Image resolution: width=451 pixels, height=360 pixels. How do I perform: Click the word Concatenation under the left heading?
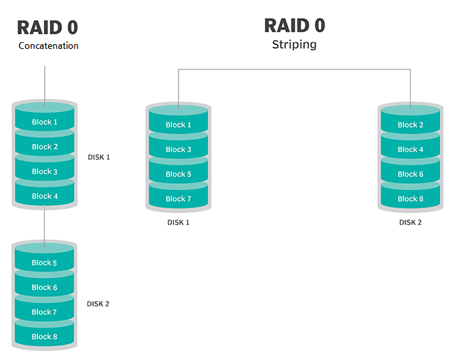point(48,46)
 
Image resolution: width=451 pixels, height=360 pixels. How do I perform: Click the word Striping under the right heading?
point(294,46)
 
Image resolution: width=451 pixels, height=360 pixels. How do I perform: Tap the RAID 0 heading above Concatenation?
point(48,27)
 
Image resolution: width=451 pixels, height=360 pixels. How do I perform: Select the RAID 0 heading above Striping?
point(294,26)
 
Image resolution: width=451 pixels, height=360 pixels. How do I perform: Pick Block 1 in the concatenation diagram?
point(45,122)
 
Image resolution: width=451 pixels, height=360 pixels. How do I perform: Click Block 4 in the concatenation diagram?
point(45,196)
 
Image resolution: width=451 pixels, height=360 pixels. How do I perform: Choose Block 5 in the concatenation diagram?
point(45,263)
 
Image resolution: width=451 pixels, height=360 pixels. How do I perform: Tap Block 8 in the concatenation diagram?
point(45,337)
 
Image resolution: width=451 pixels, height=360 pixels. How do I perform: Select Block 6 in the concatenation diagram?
point(45,287)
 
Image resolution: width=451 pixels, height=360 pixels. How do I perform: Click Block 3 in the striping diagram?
point(179,149)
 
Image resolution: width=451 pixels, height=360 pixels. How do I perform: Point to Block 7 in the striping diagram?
point(179,199)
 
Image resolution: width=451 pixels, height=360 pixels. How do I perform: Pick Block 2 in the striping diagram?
point(410,125)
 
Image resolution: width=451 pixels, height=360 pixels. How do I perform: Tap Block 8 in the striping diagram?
point(410,199)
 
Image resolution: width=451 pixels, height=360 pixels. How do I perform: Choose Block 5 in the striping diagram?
point(179,174)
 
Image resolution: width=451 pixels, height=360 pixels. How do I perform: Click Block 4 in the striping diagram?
point(410,149)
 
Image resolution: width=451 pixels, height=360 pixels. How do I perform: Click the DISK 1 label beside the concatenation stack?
point(98,157)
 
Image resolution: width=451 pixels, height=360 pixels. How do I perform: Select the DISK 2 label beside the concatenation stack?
point(98,304)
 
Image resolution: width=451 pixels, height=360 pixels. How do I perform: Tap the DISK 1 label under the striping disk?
point(178,222)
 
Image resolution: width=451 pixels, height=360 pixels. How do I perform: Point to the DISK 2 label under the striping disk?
point(410,222)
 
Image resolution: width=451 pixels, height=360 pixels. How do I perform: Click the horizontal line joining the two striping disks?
point(294,69)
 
